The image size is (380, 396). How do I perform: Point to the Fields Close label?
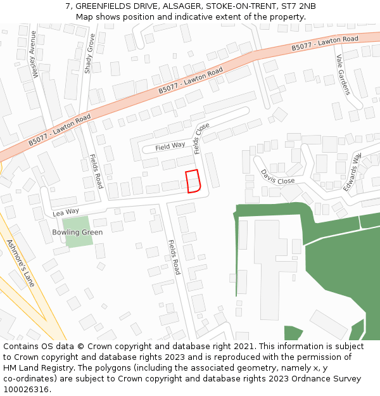202,138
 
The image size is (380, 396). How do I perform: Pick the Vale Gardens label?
343,74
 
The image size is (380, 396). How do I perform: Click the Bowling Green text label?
77,233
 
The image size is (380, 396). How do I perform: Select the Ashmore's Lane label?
20,262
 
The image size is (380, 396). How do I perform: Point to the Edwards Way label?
352,172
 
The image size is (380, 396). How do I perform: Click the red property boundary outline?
193,181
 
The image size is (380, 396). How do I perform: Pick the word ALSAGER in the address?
182,6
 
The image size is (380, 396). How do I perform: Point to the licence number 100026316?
26,389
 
